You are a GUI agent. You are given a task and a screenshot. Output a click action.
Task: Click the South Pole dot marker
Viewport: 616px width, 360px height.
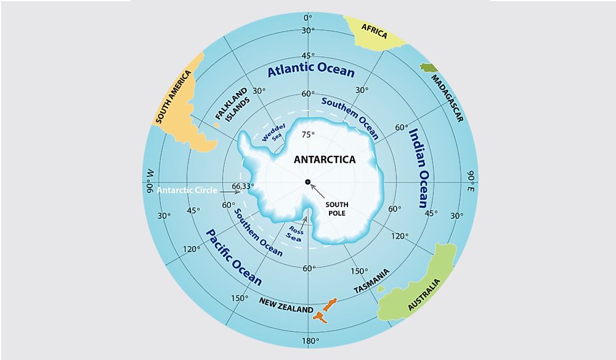[307, 181]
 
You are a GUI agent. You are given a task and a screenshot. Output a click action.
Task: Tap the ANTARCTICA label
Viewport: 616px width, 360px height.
[325, 159]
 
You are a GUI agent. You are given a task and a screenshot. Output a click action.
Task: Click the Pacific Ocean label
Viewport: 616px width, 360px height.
[233, 256]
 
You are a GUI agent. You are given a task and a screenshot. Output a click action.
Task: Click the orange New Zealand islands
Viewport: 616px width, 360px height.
[325, 310]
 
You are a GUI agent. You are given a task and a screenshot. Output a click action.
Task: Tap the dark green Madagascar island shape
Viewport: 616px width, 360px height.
[428, 68]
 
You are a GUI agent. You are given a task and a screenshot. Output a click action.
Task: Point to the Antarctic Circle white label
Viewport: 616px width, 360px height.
[187, 190]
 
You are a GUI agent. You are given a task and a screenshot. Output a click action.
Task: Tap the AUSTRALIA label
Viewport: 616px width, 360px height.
[424, 295]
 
